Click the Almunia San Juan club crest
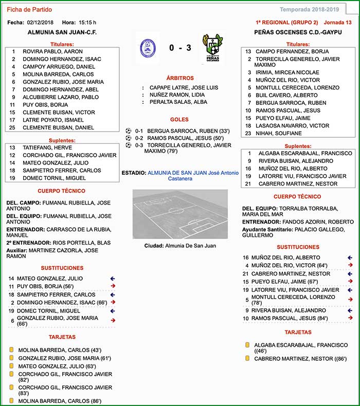coord(147,48)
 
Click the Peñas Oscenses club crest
coord(212,48)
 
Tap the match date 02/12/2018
coord(41,23)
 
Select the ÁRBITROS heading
coord(179,78)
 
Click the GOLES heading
coord(179,119)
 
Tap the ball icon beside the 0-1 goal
coord(129,131)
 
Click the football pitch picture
coord(180,214)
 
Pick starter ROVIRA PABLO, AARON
coord(52,51)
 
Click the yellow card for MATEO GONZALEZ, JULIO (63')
coord(11,366)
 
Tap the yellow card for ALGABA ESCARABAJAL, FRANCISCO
coord(247,345)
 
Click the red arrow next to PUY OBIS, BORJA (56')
coord(113,286)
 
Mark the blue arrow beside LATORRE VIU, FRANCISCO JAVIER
coord(350,290)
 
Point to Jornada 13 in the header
coord(338,23)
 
